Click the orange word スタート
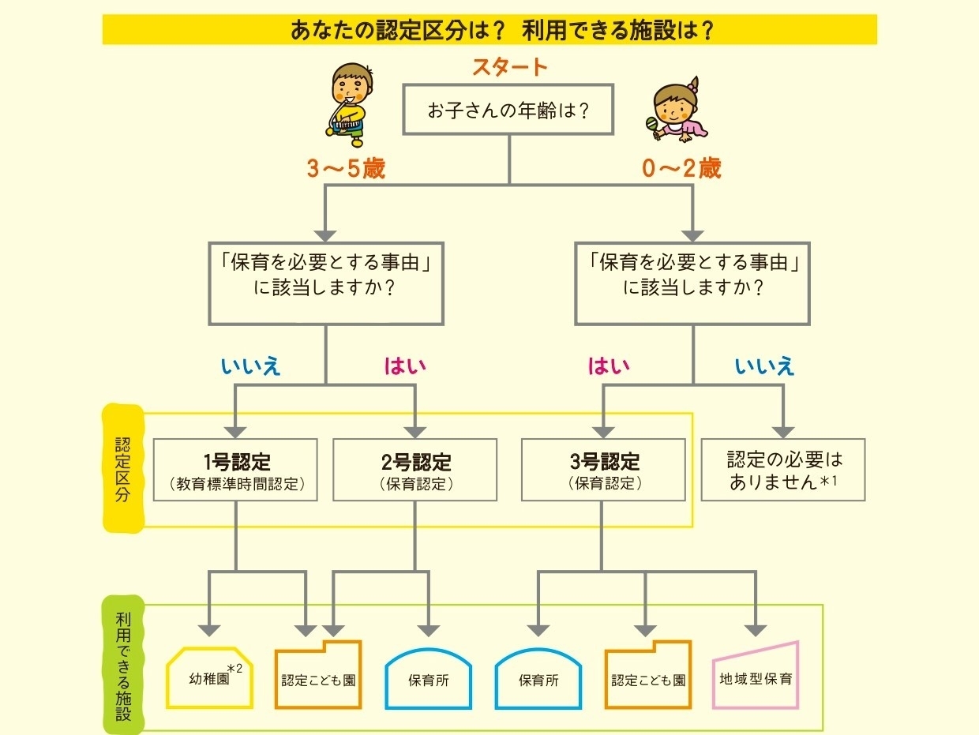pyautogui.click(x=509, y=67)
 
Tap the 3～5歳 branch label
pyautogui.click(x=346, y=169)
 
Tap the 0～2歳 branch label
pyautogui.click(x=681, y=169)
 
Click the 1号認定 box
pyautogui.click(x=236, y=471)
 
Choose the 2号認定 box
pyautogui.click(x=415, y=471)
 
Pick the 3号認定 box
pyautogui.click(x=603, y=471)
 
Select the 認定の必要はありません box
pyautogui.click(x=783, y=471)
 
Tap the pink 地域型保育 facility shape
pyautogui.click(x=756, y=677)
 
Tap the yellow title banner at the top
pyautogui.click(x=489, y=30)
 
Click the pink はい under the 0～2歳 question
pyautogui.click(x=609, y=366)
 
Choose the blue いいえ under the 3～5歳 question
pyautogui.click(x=251, y=366)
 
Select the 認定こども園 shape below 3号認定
pyautogui.click(x=648, y=678)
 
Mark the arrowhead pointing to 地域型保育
pyautogui.click(x=756, y=629)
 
